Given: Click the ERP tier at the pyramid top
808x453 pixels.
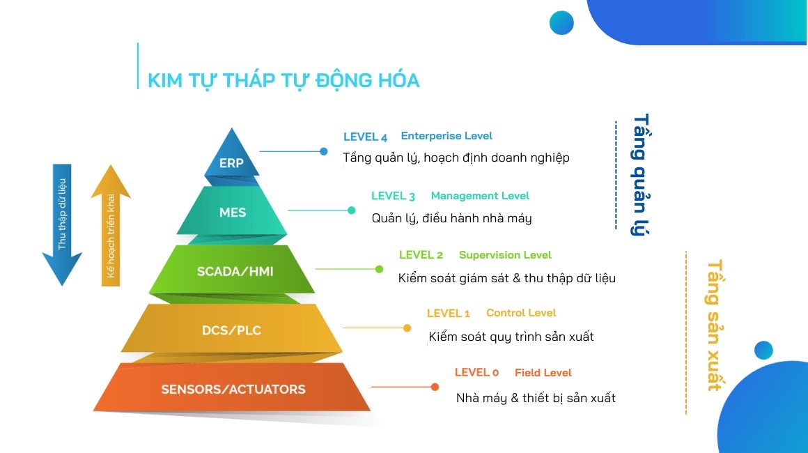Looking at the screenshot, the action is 231,160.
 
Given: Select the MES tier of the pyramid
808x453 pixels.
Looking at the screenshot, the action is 232,212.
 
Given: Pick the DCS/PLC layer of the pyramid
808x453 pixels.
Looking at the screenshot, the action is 232,330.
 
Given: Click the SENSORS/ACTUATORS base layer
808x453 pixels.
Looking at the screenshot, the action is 232,388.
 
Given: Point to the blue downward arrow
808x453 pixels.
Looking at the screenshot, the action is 62,224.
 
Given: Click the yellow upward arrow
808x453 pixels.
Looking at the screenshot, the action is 111,225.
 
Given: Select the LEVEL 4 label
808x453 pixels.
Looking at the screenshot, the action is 365,137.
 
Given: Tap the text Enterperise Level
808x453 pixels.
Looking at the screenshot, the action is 446,135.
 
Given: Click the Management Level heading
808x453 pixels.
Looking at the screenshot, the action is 480,196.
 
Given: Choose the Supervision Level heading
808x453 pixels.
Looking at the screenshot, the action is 505,255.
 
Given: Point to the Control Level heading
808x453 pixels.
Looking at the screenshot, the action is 521,313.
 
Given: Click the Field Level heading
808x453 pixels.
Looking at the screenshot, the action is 543,373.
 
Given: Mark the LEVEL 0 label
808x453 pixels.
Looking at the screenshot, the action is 476,373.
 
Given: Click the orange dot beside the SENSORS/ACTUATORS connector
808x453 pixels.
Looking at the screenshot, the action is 435,387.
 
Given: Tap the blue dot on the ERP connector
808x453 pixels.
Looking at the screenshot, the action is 324,151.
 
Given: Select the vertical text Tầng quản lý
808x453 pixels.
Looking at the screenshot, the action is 640,175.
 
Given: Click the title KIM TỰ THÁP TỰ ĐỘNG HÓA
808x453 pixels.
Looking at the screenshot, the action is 283,80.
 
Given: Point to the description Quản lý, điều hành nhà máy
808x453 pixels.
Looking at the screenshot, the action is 451,219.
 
